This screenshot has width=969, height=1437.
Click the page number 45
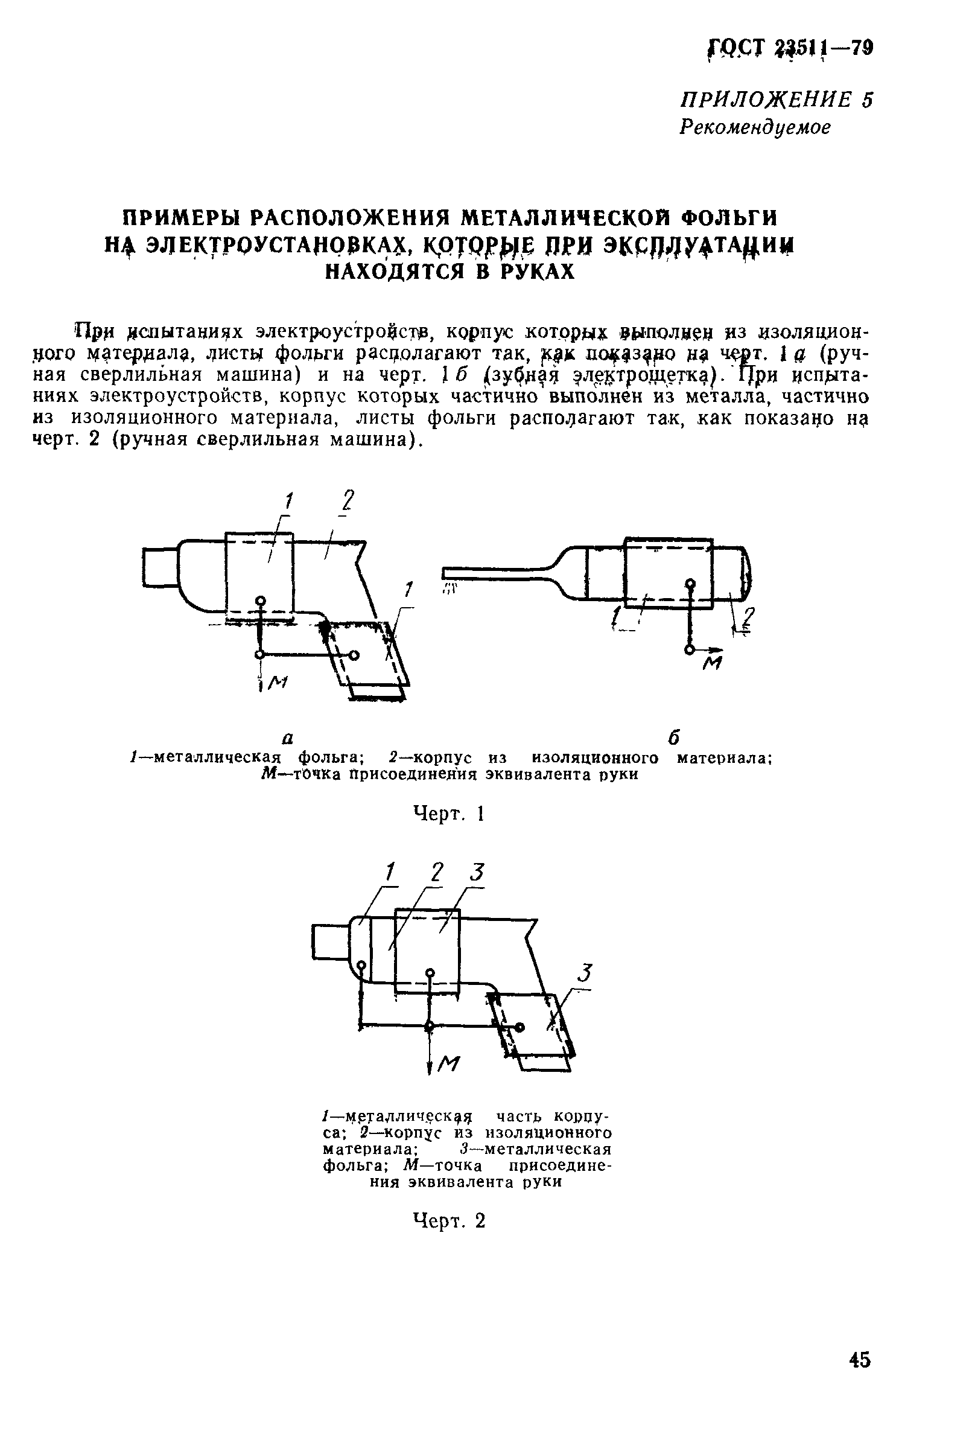(860, 1360)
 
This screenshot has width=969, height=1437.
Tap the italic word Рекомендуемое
(755, 127)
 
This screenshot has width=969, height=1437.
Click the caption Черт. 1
(448, 814)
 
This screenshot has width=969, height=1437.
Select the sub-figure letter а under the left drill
(287, 738)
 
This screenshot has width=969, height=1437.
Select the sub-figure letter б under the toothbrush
(674, 738)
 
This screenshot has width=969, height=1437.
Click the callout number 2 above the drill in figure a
(348, 500)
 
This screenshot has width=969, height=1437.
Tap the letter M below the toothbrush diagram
(713, 664)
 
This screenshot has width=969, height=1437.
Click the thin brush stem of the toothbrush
(494, 571)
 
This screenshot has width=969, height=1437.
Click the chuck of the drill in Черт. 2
(331, 942)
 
